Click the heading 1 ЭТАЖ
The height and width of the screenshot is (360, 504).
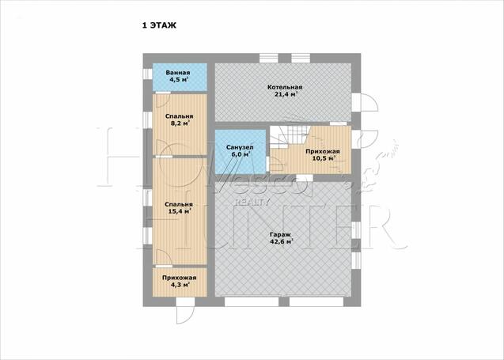tap(159, 25)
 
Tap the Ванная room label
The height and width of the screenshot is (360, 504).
tap(178, 73)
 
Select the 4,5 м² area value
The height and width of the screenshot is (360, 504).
tap(179, 79)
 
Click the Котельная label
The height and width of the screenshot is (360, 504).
tap(285, 87)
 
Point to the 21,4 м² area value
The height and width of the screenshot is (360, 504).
tap(286, 94)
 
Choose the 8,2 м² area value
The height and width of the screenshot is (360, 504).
tap(180, 123)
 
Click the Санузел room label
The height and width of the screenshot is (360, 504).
tap(240, 147)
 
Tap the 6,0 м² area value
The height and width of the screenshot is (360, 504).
tap(241, 154)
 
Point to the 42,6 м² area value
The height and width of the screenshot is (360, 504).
tap(282, 242)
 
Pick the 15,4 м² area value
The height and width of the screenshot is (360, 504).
tap(180, 211)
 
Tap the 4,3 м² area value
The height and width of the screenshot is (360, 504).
tap(180, 285)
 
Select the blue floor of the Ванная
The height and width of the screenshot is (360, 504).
tap(180, 78)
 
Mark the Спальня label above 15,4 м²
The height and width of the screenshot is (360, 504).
tap(179, 204)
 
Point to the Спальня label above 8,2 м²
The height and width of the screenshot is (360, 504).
tap(180, 116)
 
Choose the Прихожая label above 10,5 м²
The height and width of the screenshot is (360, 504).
tap(323, 151)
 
